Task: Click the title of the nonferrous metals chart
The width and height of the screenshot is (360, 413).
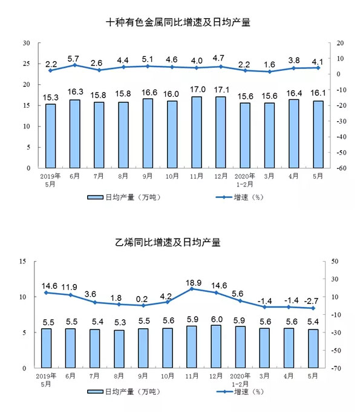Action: (x=178, y=22)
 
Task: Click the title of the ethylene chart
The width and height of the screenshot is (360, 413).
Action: (x=168, y=242)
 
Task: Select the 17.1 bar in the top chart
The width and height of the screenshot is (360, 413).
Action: (x=220, y=132)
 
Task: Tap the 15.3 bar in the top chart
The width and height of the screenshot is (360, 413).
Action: (x=51, y=136)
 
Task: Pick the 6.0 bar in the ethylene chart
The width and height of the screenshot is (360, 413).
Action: (x=216, y=346)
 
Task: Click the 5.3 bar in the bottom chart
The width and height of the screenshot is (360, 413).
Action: (x=119, y=349)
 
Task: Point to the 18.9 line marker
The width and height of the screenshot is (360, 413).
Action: (x=192, y=289)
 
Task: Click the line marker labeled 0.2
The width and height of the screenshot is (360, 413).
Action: (x=143, y=306)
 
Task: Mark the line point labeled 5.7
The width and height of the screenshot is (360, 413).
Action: (x=75, y=65)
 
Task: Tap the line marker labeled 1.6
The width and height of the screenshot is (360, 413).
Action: (x=269, y=71)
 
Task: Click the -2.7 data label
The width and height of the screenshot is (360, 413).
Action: (x=311, y=301)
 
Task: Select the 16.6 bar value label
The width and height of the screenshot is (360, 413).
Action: (x=149, y=93)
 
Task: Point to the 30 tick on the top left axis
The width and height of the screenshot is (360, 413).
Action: (x=26, y=43)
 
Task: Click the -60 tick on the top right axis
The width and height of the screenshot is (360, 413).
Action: (x=341, y=168)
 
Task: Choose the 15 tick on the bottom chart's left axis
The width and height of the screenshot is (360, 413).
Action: (x=22, y=261)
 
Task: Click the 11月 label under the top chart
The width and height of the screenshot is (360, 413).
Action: (x=197, y=176)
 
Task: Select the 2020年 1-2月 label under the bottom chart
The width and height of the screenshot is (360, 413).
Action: (x=240, y=380)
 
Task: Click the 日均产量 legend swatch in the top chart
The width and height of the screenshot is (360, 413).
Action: (x=95, y=197)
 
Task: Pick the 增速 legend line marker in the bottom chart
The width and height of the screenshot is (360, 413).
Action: (x=224, y=392)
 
